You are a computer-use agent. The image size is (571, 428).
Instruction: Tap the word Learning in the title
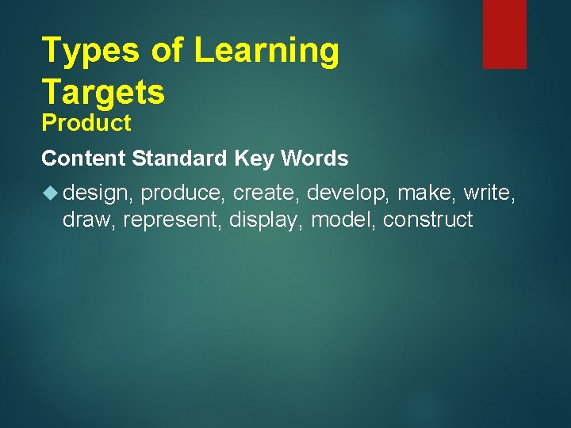(x=266, y=52)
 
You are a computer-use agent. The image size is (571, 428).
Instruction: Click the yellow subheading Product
(x=86, y=124)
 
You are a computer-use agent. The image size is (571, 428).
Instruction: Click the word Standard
(x=180, y=159)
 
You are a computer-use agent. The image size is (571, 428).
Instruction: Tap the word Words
(x=315, y=159)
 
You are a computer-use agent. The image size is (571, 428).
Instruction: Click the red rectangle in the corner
(x=504, y=33)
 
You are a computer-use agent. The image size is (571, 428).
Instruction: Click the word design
(x=97, y=193)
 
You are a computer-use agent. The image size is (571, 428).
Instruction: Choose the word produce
(x=182, y=193)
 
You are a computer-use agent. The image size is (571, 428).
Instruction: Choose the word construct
(x=427, y=220)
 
